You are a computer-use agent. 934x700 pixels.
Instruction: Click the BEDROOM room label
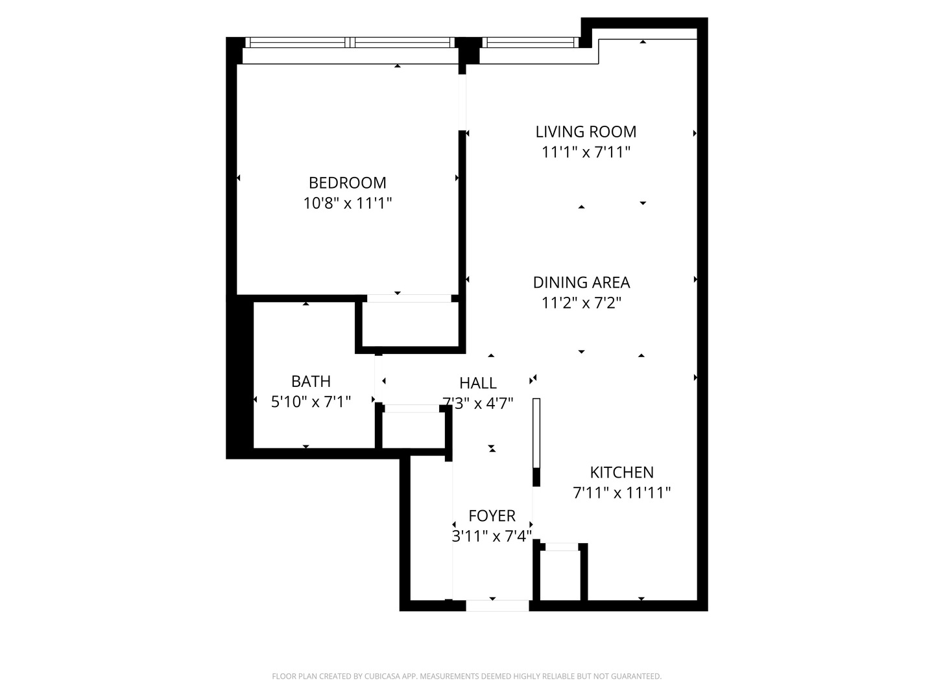tap(347, 183)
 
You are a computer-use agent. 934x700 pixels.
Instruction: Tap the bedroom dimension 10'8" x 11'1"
tap(347, 204)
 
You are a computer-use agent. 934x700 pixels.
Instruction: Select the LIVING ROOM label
tap(586, 132)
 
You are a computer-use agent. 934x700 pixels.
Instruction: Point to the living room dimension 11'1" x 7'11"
tap(586, 152)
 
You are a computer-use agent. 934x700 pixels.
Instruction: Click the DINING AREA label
tap(581, 283)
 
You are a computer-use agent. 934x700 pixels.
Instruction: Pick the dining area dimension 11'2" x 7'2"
tap(581, 303)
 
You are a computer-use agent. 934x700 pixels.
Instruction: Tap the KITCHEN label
tap(621, 472)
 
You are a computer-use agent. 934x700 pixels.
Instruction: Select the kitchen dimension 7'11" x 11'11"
tap(621, 493)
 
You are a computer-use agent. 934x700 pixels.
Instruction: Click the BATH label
tap(311, 381)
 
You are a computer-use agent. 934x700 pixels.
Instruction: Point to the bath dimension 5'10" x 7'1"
tap(311, 402)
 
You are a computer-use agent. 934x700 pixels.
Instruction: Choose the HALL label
tap(478, 383)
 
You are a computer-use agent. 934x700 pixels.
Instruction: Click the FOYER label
tap(492, 516)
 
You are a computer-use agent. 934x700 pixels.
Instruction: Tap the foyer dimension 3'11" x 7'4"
tap(492, 536)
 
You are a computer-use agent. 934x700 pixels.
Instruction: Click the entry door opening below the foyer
tap(497, 605)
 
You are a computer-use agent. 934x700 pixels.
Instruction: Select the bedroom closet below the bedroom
tap(410, 324)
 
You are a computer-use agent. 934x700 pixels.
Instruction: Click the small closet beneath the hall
tap(413, 430)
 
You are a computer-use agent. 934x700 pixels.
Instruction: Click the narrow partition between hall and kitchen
tap(536, 433)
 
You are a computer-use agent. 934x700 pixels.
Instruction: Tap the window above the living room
tap(530, 43)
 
